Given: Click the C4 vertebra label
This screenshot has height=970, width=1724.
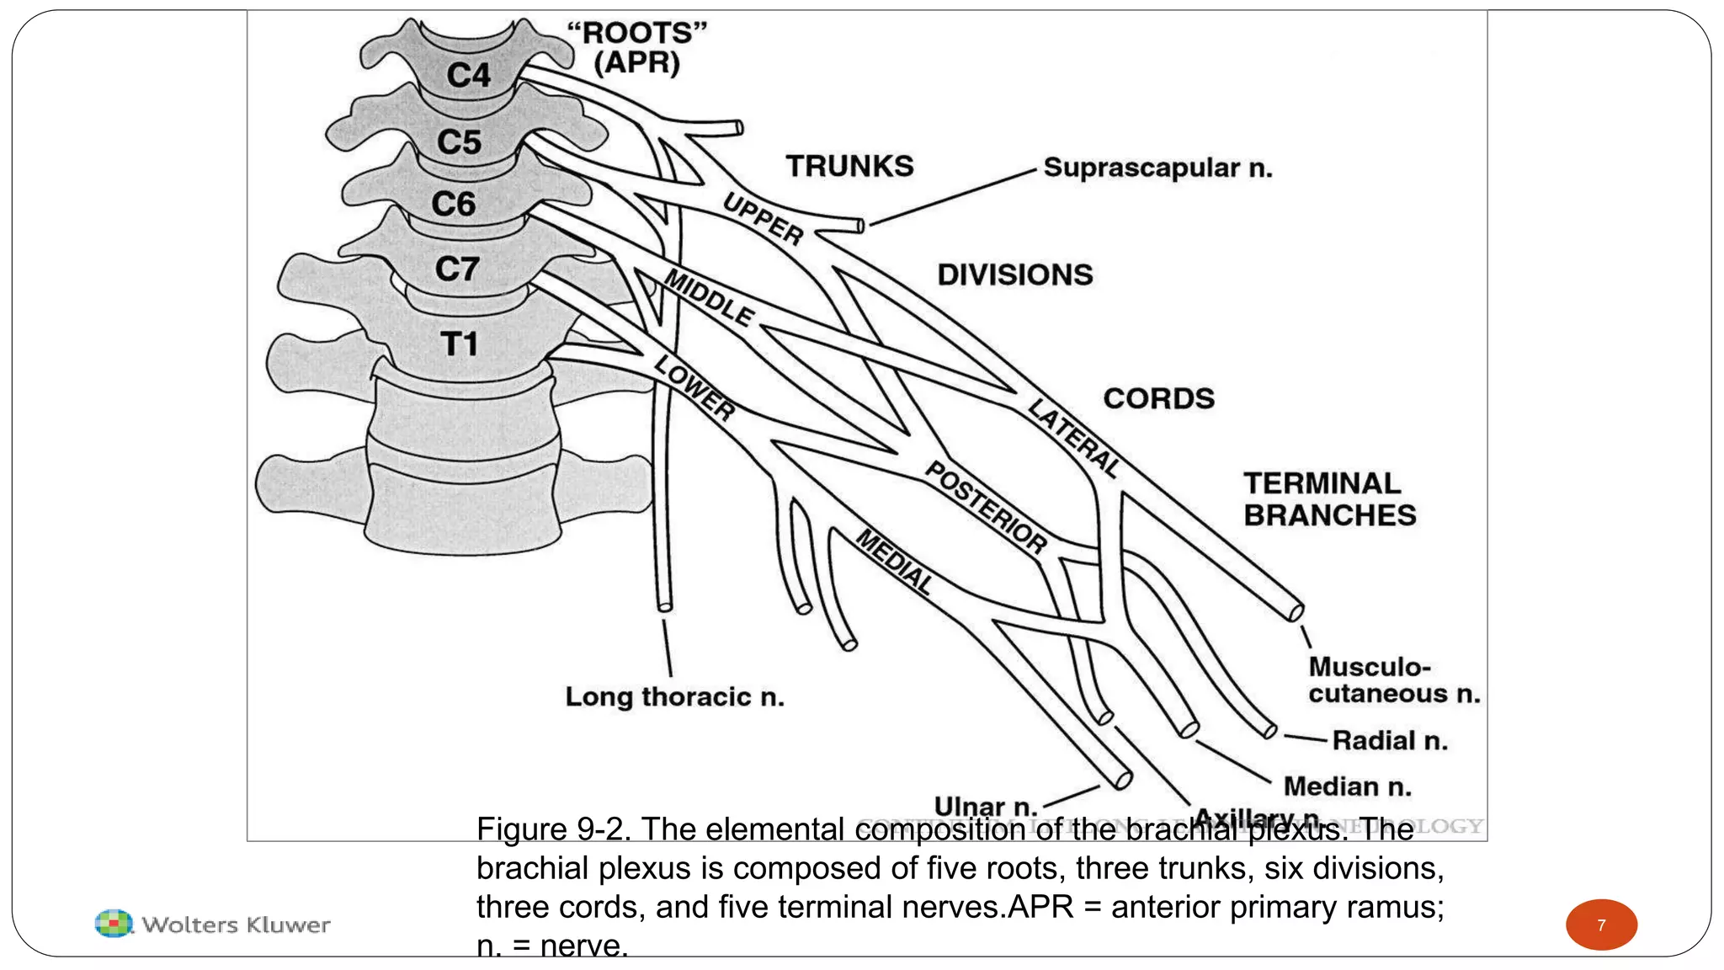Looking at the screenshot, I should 468,76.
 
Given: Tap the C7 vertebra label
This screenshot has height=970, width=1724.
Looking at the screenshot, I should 457,269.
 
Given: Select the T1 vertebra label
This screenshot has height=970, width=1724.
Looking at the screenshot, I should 460,344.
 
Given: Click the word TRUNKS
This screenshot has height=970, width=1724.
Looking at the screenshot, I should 849,166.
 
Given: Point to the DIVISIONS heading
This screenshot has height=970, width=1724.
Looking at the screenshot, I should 1014,274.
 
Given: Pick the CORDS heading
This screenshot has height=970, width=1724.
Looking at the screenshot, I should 1158,398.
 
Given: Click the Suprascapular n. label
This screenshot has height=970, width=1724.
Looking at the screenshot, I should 1157,168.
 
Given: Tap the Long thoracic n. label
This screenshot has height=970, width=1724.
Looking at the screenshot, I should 674,697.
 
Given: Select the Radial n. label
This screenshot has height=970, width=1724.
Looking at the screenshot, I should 1390,741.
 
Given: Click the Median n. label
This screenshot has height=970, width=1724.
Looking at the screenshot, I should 1347,786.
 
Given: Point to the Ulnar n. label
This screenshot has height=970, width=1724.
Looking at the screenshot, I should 985,806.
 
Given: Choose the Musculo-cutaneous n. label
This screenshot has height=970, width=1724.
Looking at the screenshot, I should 1393,680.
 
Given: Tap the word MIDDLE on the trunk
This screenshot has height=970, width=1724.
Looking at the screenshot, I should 709,298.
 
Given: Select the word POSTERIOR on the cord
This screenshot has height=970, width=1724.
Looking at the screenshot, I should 986,508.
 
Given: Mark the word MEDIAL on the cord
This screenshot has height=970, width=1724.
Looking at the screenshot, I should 894,562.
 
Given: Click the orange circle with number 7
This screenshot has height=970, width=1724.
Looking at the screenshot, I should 1600,925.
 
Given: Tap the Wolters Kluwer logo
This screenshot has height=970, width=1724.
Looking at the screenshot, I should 213,924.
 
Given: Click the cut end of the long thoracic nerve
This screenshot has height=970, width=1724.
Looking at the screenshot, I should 664,606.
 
